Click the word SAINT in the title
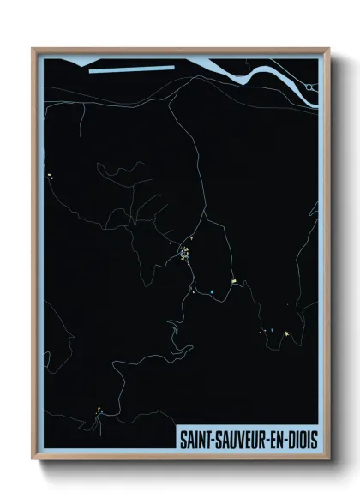click(194, 437)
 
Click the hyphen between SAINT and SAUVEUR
click(211, 438)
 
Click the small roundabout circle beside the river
click(311, 87)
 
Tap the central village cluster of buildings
click(184, 254)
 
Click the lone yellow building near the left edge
click(51, 177)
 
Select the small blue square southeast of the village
click(211, 292)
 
